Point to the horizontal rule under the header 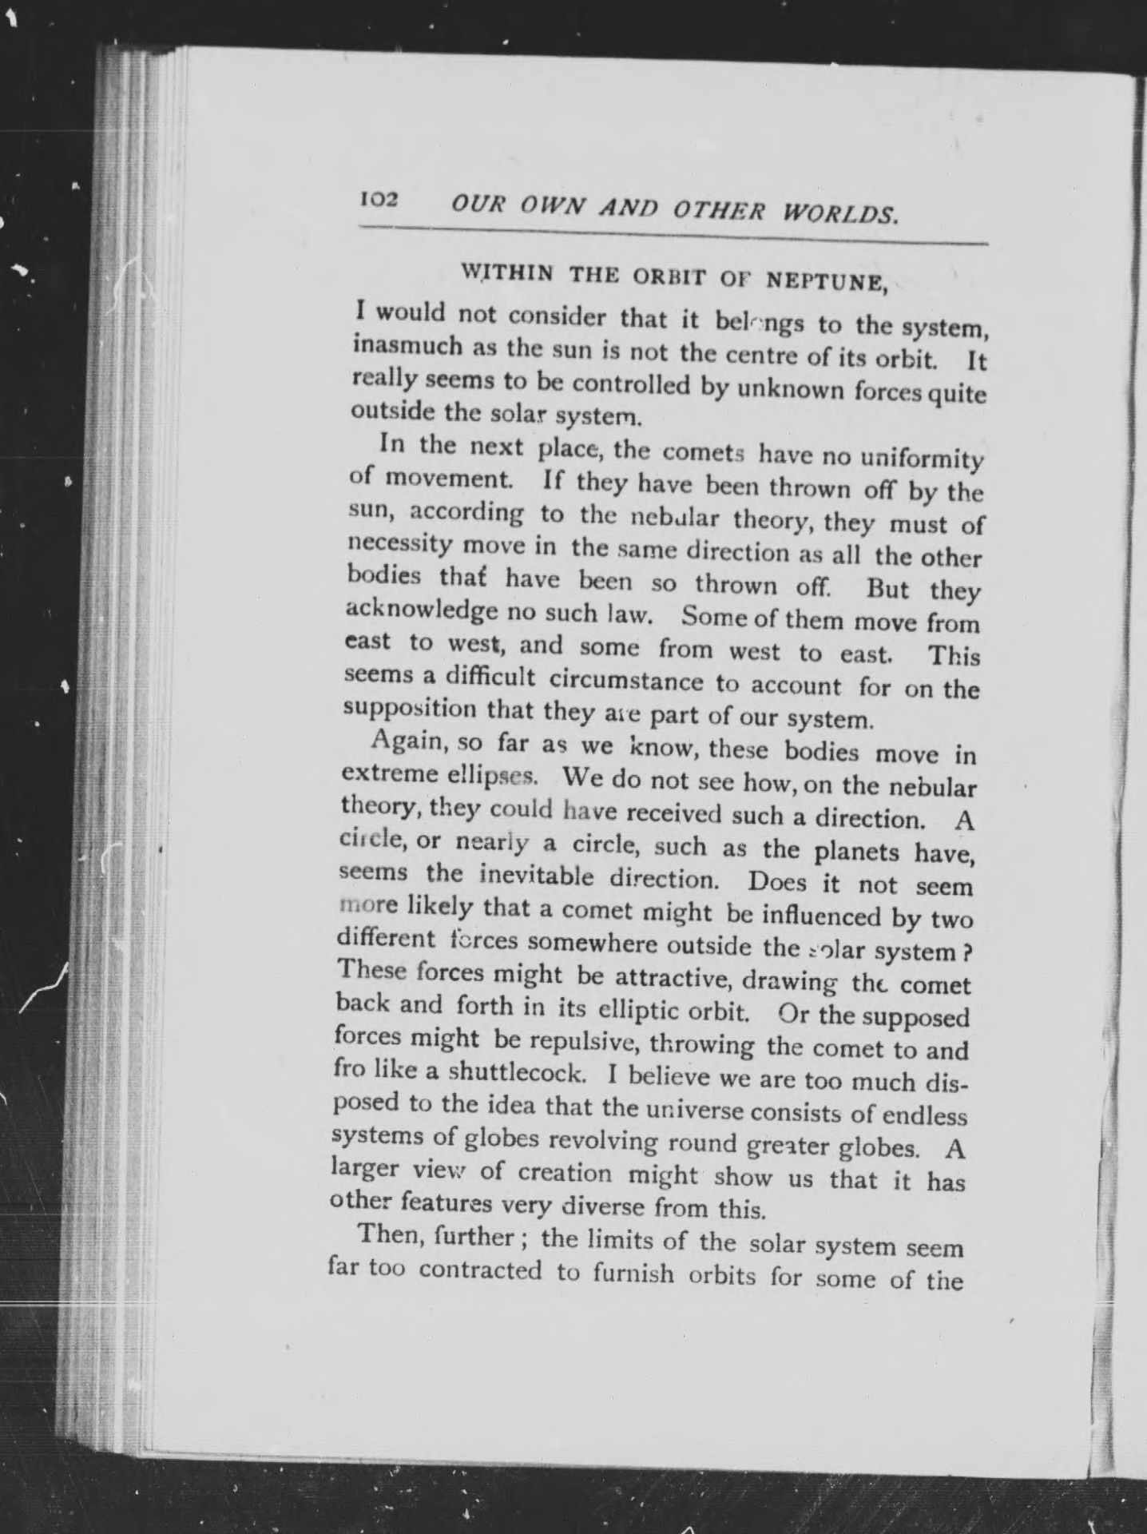point(673,236)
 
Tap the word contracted point(480,1269)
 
